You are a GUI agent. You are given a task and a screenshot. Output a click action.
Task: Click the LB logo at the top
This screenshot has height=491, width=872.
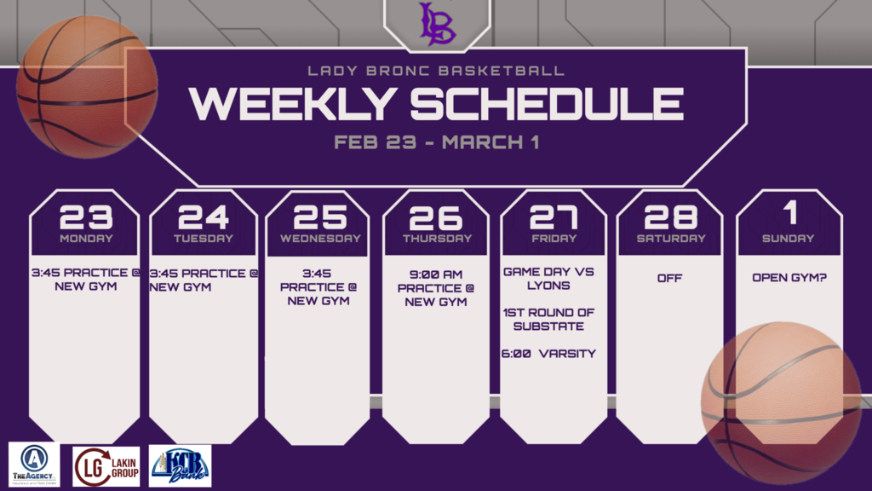(437, 23)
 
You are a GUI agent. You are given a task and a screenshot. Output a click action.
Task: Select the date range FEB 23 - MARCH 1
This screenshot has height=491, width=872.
(436, 142)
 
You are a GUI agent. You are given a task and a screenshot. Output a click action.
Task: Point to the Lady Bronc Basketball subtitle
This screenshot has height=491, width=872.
(436, 71)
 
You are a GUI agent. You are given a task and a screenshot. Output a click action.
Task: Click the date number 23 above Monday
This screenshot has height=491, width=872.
(85, 217)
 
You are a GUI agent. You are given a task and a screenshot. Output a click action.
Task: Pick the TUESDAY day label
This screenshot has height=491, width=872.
(204, 239)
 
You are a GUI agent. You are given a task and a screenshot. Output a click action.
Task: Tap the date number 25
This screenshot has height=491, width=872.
(320, 217)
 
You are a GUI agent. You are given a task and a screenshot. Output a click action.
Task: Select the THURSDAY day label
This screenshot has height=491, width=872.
(437, 239)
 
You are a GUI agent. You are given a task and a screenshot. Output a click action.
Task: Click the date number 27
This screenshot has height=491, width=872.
(554, 217)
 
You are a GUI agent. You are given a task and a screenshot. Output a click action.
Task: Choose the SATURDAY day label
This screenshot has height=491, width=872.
(670, 239)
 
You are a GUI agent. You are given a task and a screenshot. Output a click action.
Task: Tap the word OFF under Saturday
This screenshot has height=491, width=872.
(669, 278)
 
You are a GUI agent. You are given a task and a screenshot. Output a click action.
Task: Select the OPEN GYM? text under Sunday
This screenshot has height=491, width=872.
(788, 278)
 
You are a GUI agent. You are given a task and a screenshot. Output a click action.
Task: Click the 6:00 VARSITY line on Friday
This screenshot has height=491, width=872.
(549, 354)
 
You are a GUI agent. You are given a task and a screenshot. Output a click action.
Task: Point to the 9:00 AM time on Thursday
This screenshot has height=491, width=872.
(436, 274)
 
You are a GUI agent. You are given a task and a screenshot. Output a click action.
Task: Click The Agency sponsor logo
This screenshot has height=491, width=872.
(34, 465)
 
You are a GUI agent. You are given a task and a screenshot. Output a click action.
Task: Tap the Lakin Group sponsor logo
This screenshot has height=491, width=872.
(106, 466)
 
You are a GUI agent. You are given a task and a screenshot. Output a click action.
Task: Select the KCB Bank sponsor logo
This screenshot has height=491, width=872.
(180, 465)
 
